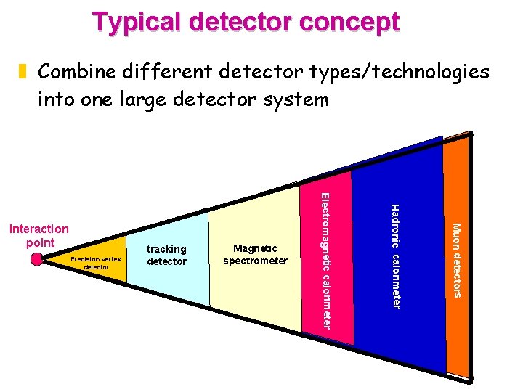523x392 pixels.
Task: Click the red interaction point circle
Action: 38,259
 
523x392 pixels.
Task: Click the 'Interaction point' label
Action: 38,236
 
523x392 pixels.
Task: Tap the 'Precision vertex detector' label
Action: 96,262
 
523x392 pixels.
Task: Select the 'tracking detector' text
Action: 166,255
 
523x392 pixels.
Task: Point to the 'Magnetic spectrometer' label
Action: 256,255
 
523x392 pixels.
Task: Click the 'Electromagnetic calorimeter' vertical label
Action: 327,260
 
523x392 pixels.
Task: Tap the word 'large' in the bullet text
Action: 145,98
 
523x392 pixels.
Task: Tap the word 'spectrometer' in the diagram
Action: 256,261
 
